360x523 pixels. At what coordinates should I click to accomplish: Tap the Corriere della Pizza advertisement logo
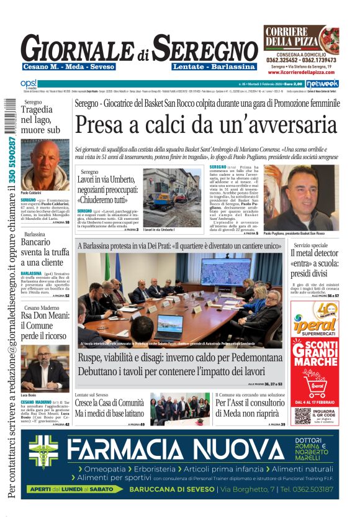tap(300, 38)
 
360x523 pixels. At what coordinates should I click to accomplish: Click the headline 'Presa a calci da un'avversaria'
tap(205, 126)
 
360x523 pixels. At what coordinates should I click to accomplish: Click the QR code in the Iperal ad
tap(302, 398)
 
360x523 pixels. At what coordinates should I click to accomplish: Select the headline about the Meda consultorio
tap(250, 407)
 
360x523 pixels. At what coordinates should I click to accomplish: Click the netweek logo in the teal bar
tap(322, 83)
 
